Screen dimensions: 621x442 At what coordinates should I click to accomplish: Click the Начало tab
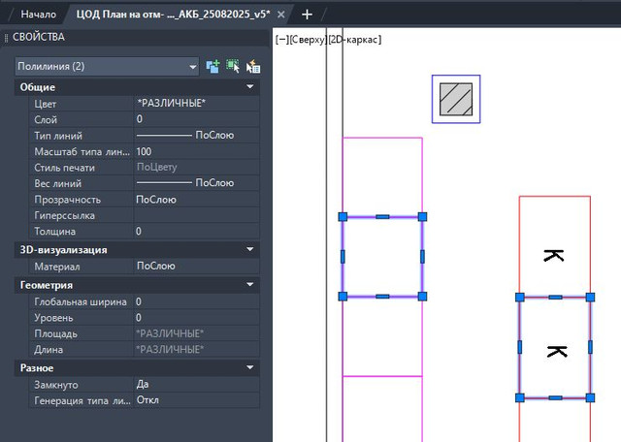[38, 15]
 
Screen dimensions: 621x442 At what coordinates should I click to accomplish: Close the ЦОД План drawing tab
[280, 15]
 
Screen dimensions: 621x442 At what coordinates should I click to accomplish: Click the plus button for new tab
[307, 15]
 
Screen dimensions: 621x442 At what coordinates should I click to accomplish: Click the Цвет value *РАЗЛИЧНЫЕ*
[171, 104]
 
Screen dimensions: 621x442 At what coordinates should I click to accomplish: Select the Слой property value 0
[140, 119]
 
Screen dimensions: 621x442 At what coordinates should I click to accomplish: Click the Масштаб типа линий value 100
[144, 151]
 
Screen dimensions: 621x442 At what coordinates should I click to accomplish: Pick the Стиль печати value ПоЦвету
[156, 167]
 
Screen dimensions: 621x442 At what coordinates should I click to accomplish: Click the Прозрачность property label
[67, 200]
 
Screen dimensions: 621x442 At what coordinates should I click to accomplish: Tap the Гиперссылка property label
[65, 215]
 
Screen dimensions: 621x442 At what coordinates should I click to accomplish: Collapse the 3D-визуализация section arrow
[250, 249]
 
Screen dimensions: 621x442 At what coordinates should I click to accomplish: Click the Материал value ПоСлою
[155, 266]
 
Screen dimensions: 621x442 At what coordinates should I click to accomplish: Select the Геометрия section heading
[47, 285]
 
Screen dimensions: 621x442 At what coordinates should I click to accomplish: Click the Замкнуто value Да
[143, 384]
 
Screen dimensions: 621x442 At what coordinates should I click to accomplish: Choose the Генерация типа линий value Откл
[147, 400]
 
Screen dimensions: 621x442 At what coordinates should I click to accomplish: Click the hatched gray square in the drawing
[456, 99]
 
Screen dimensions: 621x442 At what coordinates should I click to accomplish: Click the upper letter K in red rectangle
[554, 256]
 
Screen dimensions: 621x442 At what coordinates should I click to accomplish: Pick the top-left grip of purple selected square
[343, 217]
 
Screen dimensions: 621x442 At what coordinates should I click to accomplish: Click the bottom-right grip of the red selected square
[590, 397]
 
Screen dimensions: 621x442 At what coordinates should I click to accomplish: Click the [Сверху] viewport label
[309, 40]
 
